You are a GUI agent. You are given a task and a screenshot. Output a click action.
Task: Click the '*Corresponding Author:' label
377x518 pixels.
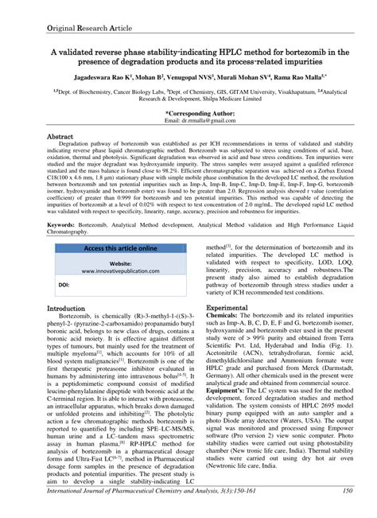tap(188, 113)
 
